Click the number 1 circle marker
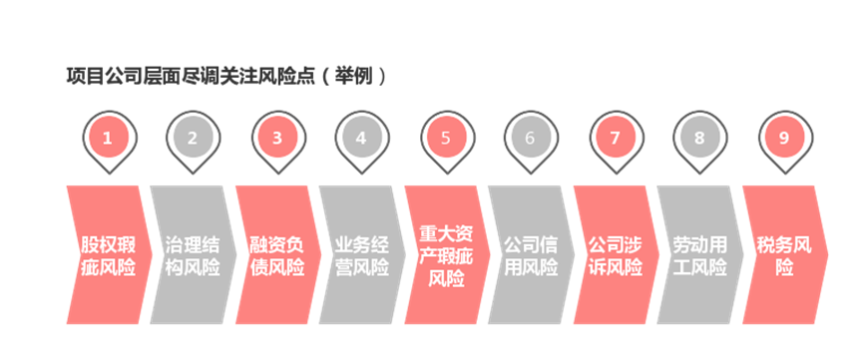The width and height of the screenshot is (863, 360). (x=108, y=139)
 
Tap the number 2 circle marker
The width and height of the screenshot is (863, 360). (x=193, y=139)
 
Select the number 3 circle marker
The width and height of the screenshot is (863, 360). (x=276, y=139)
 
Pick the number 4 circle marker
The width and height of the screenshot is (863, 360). (x=361, y=139)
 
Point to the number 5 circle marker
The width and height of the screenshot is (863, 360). (x=445, y=139)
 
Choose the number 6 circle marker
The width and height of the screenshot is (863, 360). (x=530, y=139)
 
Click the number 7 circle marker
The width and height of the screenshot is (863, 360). (x=614, y=139)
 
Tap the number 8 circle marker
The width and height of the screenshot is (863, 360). (x=698, y=139)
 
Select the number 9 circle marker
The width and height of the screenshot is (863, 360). (x=782, y=139)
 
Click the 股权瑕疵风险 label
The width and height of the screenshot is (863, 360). (x=108, y=256)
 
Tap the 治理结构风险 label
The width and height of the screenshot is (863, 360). (x=193, y=256)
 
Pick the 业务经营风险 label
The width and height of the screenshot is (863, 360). (x=361, y=256)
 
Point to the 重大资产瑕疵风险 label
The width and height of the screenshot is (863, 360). (x=445, y=256)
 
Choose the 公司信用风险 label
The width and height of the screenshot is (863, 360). (x=530, y=256)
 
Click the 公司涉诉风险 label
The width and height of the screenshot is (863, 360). (x=614, y=256)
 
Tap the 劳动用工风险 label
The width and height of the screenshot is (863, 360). (x=698, y=256)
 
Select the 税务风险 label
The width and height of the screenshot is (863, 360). (x=784, y=256)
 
